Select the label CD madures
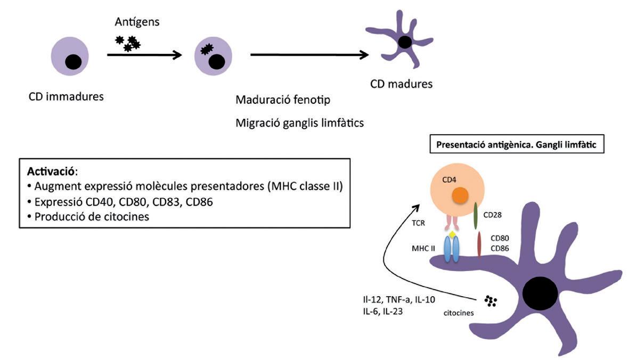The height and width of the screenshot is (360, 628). point(402,84)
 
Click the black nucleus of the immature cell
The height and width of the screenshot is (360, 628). point(74,63)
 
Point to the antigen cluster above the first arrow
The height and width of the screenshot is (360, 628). point(128,43)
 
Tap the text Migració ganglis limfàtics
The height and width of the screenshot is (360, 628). point(299,123)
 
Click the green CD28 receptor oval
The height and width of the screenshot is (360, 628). point(476,215)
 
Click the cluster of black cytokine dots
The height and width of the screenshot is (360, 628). point(490,301)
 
